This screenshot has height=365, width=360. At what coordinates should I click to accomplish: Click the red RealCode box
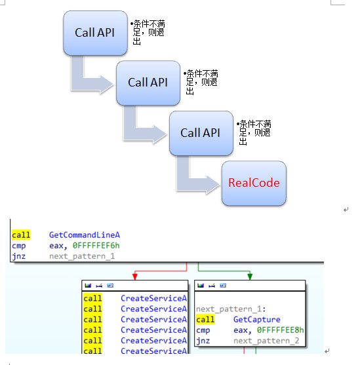254,183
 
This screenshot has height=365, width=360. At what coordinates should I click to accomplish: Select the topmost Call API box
95,33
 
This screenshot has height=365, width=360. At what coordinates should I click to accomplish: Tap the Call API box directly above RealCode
201,133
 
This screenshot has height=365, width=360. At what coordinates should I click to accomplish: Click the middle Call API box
148,83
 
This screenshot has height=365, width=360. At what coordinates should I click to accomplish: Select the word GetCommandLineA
85,235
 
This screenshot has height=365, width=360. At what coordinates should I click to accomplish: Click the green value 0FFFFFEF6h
96,246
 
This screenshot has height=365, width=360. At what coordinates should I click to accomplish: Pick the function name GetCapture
257,319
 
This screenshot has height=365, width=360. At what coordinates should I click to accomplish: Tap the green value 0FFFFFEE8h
280,330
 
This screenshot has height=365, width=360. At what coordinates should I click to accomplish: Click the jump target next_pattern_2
266,341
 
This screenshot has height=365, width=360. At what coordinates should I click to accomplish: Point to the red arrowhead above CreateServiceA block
135,277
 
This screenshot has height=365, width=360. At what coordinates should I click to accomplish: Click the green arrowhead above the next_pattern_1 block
250,277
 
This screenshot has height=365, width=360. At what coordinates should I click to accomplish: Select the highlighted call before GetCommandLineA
21,235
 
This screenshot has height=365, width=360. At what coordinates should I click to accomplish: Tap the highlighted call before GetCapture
205,319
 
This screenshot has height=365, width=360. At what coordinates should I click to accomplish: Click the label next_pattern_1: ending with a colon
231,309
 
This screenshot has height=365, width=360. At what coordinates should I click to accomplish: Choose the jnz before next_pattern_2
203,341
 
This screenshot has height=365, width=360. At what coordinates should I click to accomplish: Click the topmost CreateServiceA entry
154,298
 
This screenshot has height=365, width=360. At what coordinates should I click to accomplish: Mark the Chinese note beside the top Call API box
148,32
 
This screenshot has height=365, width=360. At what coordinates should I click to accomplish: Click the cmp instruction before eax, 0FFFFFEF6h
18,246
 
